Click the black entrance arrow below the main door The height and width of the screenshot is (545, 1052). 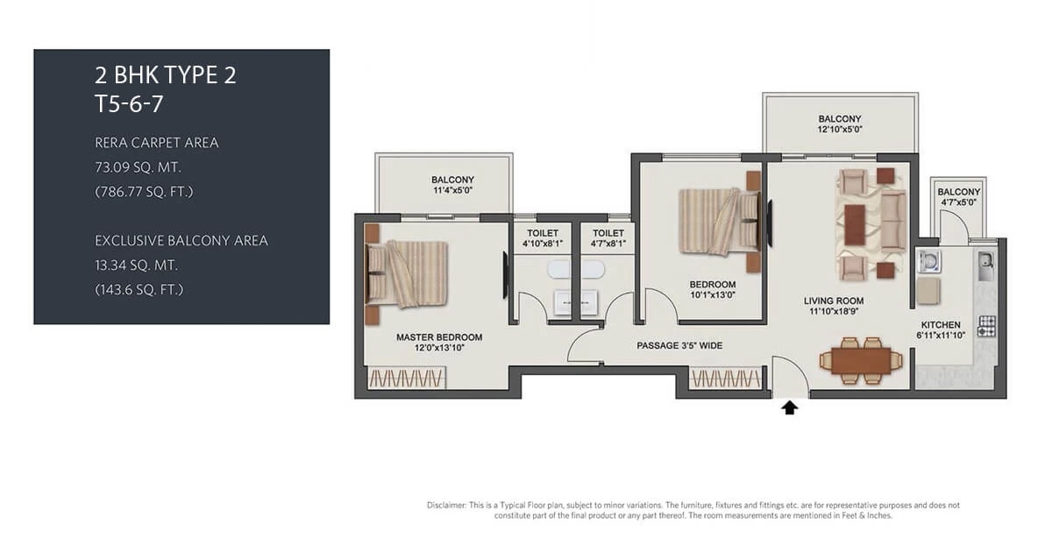790,407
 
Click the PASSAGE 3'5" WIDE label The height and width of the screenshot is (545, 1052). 679,346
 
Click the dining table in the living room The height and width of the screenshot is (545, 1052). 860,359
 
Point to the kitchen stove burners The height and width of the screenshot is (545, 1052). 988,326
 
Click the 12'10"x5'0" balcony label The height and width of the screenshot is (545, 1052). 839,124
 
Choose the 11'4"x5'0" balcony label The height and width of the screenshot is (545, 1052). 452,186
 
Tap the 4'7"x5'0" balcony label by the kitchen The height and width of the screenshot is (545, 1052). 958,197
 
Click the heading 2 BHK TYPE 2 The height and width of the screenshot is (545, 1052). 166,75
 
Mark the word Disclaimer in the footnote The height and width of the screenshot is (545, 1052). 447,506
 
